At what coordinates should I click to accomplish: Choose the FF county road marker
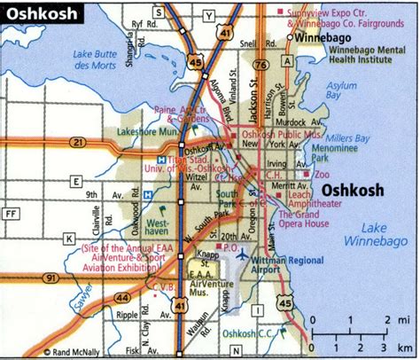pos(12,214)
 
